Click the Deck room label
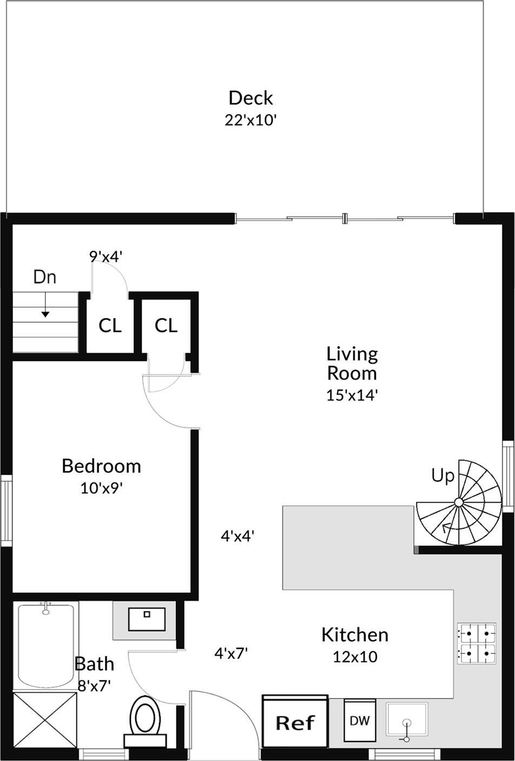(x=250, y=98)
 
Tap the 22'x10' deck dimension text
(x=250, y=120)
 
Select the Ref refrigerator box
(x=295, y=722)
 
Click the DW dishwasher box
(x=360, y=721)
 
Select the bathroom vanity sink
(x=147, y=619)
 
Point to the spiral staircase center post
(x=458, y=503)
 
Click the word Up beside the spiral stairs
(x=443, y=476)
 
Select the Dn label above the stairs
(x=45, y=277)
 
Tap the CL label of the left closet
(x=110, y=326)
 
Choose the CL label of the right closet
(x=166, y=326)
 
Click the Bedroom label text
(x=101, y=466)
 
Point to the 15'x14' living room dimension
(x=351, y=395)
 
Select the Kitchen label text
(x=355, y=635)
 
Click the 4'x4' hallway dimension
(x=237, y=536)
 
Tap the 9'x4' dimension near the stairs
(x=107, y=256)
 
